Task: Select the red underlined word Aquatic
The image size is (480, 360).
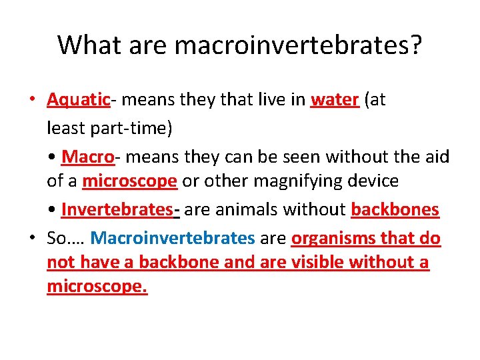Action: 78,100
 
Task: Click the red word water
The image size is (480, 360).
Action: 335,100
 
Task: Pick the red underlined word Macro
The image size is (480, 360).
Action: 87,157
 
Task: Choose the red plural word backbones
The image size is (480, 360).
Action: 395,209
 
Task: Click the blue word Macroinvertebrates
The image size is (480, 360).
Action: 173,237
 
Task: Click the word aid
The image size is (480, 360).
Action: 437,157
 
